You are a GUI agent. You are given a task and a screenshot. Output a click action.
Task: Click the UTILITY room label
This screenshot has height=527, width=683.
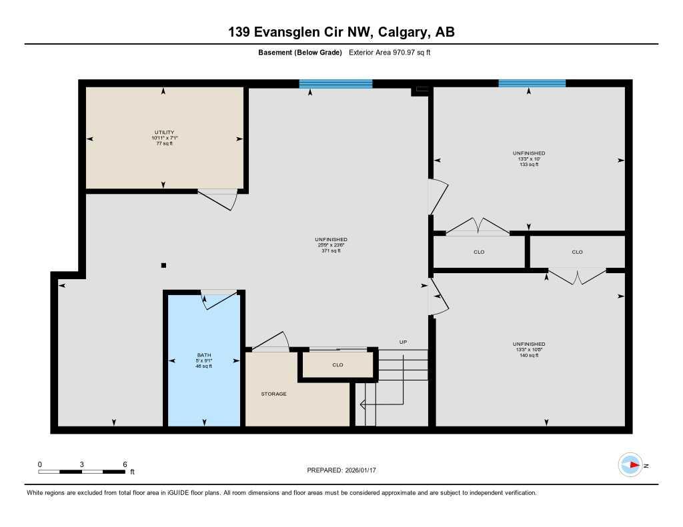[163, 133]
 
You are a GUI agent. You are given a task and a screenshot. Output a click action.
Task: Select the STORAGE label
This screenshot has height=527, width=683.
[273, 394]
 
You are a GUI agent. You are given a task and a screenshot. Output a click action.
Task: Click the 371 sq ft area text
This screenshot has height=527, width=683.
[331, 251]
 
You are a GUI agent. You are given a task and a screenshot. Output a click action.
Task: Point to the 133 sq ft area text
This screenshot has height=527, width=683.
[529, 165]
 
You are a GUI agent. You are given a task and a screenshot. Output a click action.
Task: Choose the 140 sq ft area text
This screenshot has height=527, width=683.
[529, 356]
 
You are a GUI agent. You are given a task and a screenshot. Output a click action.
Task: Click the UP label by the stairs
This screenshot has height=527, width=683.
[403, 342]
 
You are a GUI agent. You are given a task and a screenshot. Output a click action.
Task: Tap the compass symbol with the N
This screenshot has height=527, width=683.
[630, 465]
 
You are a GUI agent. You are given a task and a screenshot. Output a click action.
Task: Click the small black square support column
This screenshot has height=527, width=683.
[163, 265]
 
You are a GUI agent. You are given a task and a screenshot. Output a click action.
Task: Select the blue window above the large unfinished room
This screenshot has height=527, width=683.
[335, 83]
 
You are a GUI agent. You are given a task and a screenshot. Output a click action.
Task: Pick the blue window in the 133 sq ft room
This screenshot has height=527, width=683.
[532, 83]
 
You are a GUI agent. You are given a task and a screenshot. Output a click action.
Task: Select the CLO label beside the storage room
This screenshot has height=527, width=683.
[337, 365]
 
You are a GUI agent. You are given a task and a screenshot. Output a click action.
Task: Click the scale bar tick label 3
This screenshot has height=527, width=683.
[82, 464]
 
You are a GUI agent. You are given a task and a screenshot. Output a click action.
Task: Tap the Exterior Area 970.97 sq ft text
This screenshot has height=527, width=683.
[390, 53]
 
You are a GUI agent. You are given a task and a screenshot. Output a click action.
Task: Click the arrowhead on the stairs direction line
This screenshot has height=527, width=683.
[362, 404]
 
